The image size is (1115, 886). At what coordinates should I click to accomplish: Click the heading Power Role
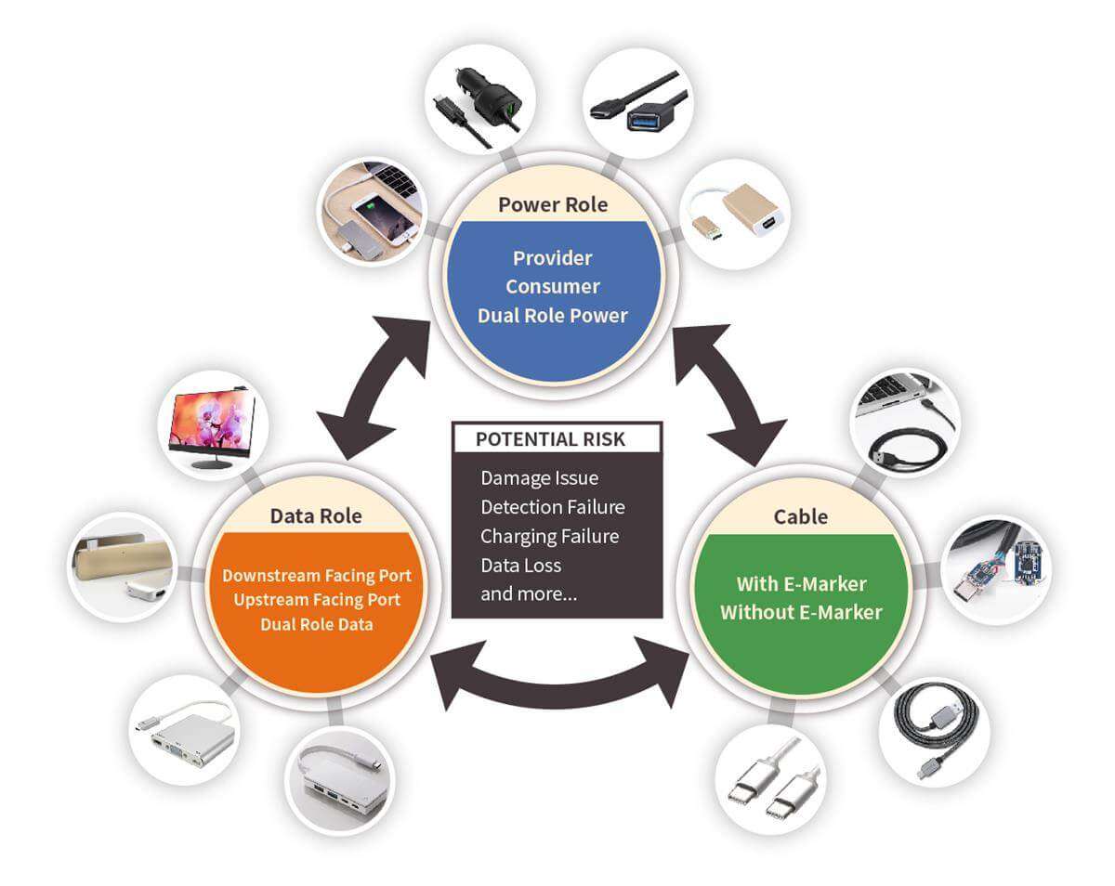pos(553,204)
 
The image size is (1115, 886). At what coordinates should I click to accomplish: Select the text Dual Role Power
pos(553,315)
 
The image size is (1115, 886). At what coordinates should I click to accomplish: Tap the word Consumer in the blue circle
pos(553,286)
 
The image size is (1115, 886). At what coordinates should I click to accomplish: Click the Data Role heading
pos(316,515)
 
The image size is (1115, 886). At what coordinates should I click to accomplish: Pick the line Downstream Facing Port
pos(316,576)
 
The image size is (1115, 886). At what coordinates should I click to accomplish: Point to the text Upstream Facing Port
pos(317,600)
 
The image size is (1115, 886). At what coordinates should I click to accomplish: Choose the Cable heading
pos(800,515)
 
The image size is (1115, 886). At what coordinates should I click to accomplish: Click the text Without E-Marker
pos(800,612)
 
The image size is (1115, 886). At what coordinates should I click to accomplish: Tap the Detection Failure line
pos(552,507)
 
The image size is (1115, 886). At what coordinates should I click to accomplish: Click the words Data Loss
pos(520,565)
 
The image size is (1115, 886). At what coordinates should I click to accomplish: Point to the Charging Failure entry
pos(549,536)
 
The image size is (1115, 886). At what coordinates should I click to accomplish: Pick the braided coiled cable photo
pos(933,733)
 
